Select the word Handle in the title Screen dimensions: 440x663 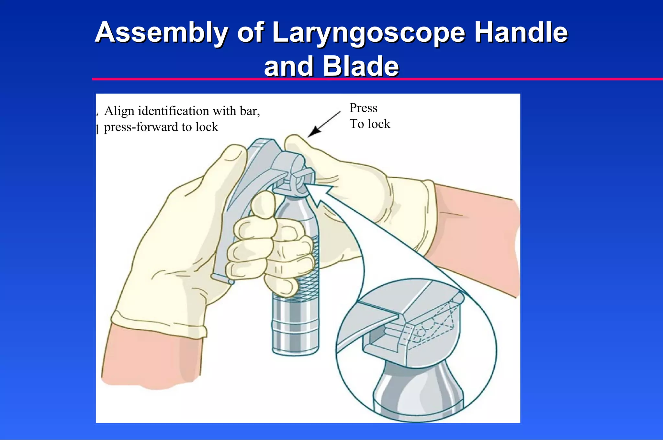coord(521,33)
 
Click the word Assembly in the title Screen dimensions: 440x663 coord(162,33)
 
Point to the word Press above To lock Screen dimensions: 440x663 coord(363,108)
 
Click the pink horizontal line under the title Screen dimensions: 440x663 coord(356,79)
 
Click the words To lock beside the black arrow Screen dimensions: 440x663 coord(370,124)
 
